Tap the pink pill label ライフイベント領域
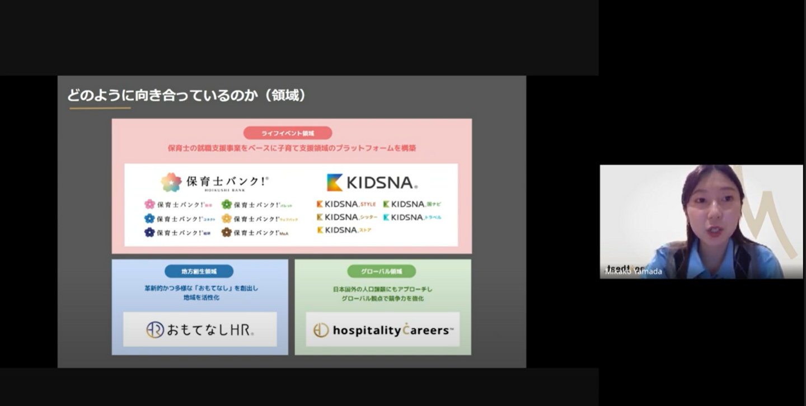288,133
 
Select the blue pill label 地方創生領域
199,271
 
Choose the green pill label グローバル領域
381,271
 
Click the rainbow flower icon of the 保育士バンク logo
171,182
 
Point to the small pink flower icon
149,204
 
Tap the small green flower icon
227,204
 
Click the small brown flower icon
227,232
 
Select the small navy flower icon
149,232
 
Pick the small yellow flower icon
227,218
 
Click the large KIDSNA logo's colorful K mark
335,182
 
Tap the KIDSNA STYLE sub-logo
346,204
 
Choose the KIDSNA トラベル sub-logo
413,217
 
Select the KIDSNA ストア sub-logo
344,230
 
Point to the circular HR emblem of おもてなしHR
155,330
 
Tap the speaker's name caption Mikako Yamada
634,272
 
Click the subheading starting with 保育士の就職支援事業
292,148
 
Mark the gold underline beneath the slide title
100,108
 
